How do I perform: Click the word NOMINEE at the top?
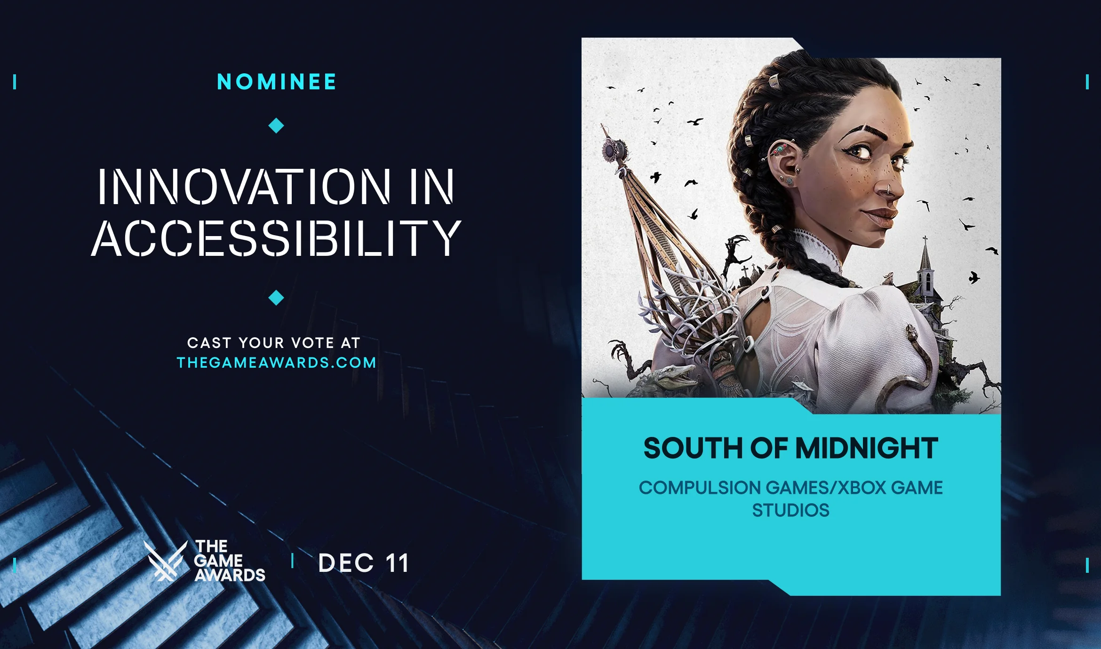(276, 82)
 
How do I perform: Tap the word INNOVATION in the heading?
(244, 187)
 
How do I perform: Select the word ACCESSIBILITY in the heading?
(276, 238)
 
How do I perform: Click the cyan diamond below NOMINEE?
(276, 126)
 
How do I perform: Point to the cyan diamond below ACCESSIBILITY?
(276, 298)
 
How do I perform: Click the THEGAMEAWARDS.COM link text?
(277, 363)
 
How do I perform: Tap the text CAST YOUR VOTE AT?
(274, 343)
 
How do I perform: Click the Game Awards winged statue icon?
(165, 561)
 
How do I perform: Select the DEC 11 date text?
(363, 563)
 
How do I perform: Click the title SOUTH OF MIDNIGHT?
(790, 448)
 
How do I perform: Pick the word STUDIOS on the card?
(790, 510)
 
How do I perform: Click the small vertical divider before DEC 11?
(293, 561)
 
